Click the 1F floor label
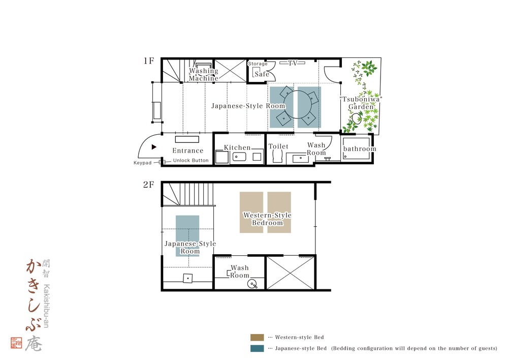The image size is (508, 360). tap(149, 61)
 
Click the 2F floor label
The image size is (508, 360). tap(149, 185)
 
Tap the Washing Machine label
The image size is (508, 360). tap(204, 74)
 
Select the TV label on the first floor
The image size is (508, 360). tap(293, 63)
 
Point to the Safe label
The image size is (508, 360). tap(262, 74)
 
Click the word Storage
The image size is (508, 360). tap(258, 64)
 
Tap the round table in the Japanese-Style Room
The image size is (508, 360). tap(297, 105)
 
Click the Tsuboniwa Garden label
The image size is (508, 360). tap(361, 103)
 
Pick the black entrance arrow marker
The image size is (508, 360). tap(154, 147)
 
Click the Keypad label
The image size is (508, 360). tap(143, 163)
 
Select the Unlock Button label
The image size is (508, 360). tap(191, 160)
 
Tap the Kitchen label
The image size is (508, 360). tap(237, 147)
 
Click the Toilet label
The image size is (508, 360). tap(278, 146)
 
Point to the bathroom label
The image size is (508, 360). tap(360, 149)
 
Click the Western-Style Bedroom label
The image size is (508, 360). tap(267, 219)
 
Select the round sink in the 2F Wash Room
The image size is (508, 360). tap(252, 284)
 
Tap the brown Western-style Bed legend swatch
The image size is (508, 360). tap(257, 338)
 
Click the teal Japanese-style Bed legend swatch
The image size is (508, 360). tap(257, 348)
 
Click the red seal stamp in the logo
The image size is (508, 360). tap(17, 343)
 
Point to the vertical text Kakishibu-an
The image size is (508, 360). tap(46, 306)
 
